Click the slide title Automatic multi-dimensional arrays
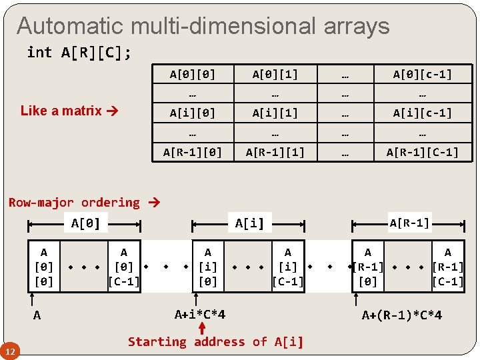pos(203,26)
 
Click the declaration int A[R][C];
pos(79,53)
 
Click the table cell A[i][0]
pos(193,113)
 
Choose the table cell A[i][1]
pos(275,113)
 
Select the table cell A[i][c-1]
pos(423,113)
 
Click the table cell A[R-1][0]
pos(193,152)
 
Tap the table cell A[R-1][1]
pos(275,152)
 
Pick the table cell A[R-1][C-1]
pos(423,152)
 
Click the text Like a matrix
pos(61,111)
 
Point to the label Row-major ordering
pos(74,202)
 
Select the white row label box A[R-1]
pos(409,223)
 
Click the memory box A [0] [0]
pos(44,267)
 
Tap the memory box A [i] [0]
pos(208,267)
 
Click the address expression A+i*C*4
pos(200,314)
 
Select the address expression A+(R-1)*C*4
pos(401,315)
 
